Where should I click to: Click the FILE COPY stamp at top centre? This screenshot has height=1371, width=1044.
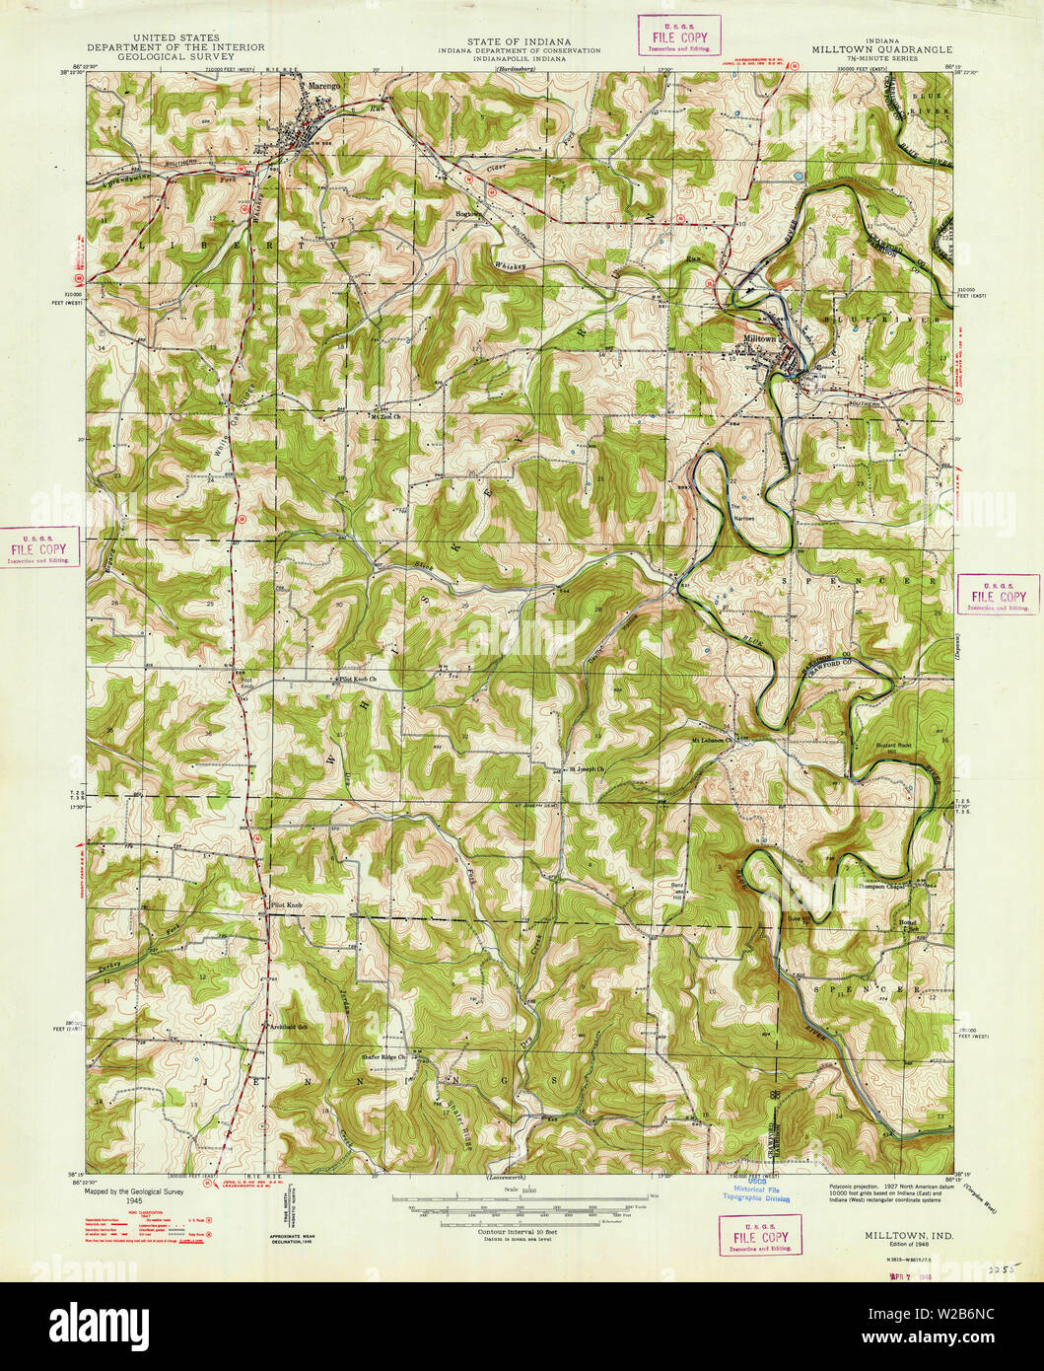678,37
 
